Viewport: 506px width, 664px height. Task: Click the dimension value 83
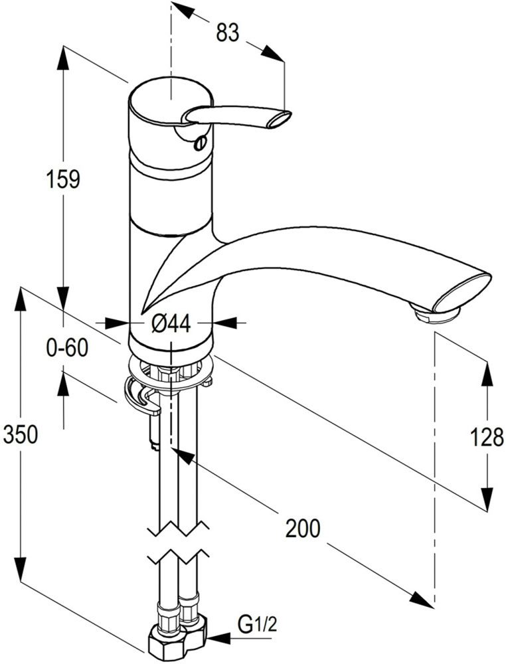pos(227,33)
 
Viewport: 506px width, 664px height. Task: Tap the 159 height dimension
pos(63,179)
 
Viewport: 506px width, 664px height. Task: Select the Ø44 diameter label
pos(171,323)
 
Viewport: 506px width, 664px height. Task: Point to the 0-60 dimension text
pos(67,347)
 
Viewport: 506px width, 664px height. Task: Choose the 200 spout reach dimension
pos(303,528)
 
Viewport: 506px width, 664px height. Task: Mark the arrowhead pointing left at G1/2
pos(214,639)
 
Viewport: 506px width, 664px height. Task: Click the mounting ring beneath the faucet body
pos(171,367)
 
